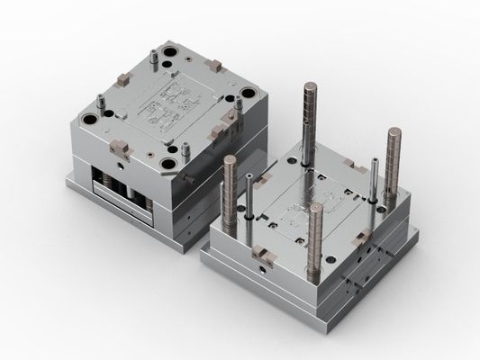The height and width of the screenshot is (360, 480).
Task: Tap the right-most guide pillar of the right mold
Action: coord(393,166)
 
